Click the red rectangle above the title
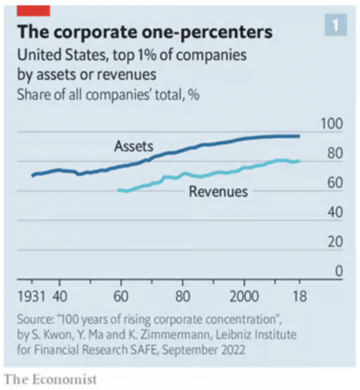click(x=33, y=11)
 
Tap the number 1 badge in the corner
click(x=336, y=25)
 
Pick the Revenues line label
click(x=218, y=191)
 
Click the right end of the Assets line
click(x=299, y=136)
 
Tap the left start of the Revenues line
click(x=119, y=190)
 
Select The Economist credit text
click(x=50, y=379)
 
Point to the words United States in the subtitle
click(x=58, y=56)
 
